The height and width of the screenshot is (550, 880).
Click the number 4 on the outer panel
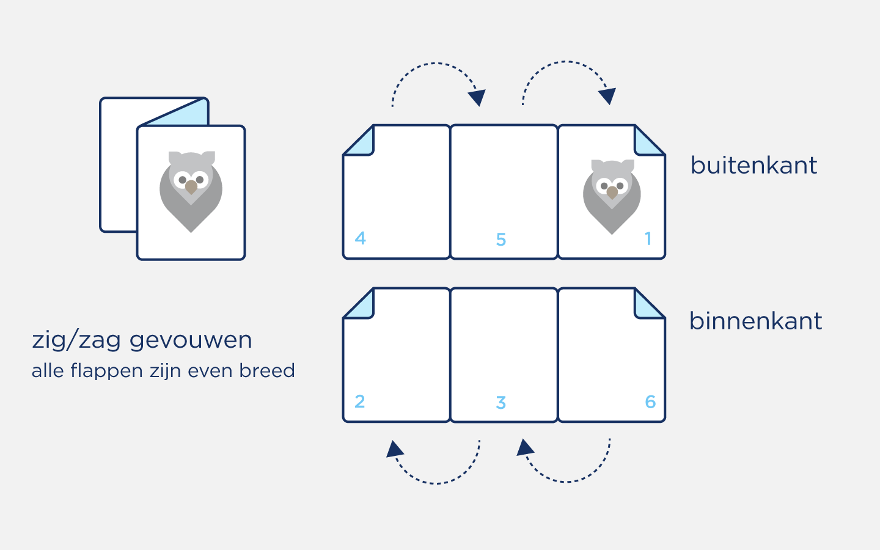click(361, 238)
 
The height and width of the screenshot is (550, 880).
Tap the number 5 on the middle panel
click(501, 240)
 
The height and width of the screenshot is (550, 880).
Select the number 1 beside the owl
click(648, 238)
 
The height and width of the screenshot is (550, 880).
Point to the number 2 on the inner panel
click(360, 401)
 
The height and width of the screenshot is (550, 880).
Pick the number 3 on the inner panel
click(501, 403)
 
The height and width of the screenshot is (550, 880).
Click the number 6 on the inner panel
click(650, 402)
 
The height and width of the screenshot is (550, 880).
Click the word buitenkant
click(754, 166)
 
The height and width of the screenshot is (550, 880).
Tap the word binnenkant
click(755, 321)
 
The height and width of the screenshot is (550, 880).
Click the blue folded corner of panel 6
click(647, 305)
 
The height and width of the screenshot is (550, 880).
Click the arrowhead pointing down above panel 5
click(477, 97)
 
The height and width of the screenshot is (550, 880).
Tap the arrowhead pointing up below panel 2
click(395, 449)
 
